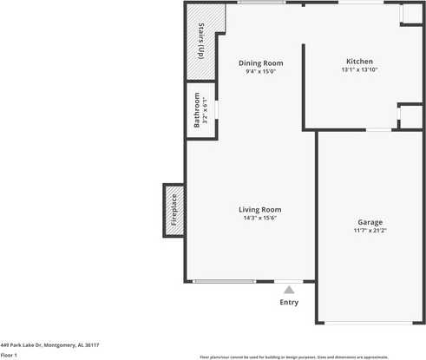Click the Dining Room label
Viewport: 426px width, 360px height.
(260, 62)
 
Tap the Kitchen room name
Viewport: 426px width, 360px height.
(359, 62)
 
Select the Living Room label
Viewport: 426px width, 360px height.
(260, 209)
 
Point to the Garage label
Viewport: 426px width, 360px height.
(370, 222)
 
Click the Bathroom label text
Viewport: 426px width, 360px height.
(197, 109)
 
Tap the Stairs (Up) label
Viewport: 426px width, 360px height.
(201, 40)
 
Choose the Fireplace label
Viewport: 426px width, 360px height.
(174, 211)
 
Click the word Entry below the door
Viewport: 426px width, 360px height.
(289, 302)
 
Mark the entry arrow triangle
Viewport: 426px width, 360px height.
(289, 289)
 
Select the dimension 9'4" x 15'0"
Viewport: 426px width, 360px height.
(260, 72)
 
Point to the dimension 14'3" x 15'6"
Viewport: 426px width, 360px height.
(260, 219)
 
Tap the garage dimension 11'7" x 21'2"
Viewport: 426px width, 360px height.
(370, 232)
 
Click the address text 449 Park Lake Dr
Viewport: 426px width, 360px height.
(50, 344)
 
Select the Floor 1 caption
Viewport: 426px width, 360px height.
(10, 355)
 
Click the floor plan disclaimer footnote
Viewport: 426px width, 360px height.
(294, 357)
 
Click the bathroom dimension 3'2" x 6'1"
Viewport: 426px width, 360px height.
(206, 109)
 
